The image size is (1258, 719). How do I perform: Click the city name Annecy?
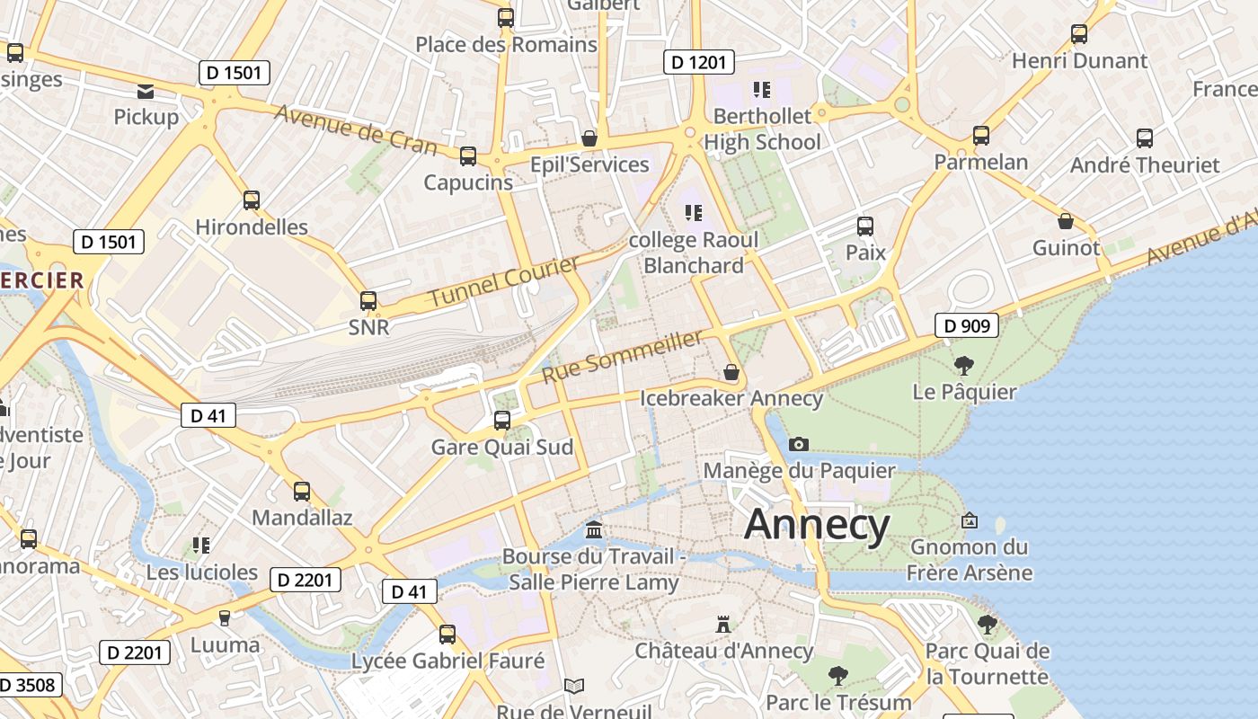pos(817,524)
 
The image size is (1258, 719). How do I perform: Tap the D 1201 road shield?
pos(699,62)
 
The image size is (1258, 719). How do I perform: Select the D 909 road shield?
pos(967,325)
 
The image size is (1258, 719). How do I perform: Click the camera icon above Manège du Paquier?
pos(798,444)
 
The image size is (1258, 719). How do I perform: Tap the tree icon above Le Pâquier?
pos(964,365)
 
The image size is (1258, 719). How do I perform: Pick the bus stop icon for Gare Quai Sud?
pos(502,420)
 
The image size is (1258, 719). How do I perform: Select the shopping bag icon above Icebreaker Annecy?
pos(731,371)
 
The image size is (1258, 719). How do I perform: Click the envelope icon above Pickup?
pos(146,91)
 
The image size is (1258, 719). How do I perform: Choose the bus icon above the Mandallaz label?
pos(302,492)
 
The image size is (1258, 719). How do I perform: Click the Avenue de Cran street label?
pos(355,130)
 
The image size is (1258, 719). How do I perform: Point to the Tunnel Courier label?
pos(503,281)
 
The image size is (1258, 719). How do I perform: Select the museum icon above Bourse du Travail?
pos(593,529)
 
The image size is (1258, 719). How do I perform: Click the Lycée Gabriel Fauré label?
pos(447,661)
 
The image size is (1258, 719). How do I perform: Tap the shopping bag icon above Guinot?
pos(1066,221)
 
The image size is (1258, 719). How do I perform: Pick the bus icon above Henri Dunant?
pos(1079,34)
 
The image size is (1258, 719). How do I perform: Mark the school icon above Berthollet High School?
pos(762,89)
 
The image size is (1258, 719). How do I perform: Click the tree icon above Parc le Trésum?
pos(838,675)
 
